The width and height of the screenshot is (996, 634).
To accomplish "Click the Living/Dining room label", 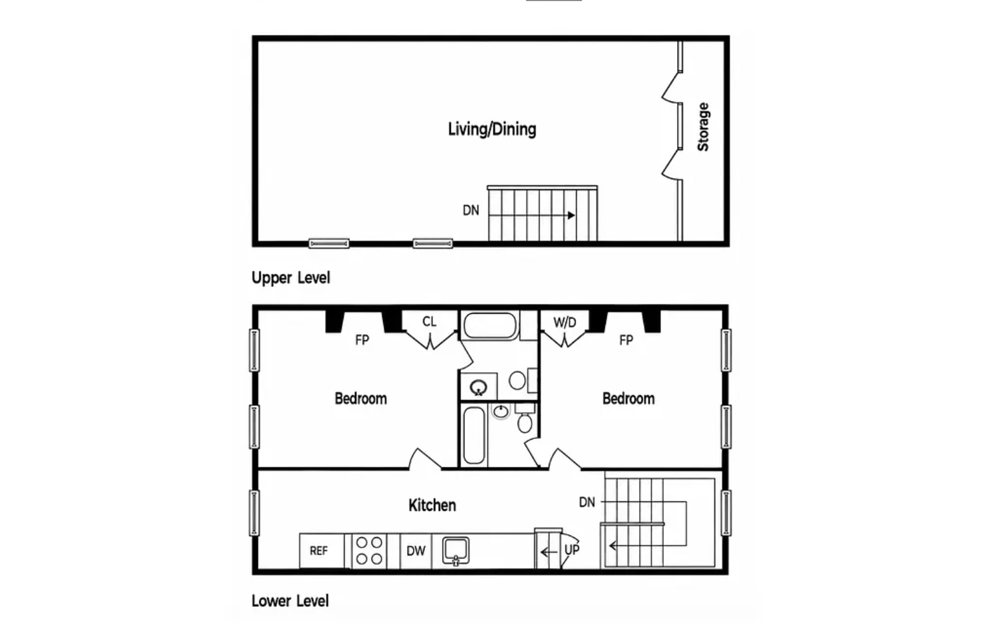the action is click(492, 130).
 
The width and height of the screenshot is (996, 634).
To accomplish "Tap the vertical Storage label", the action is click(703, 126).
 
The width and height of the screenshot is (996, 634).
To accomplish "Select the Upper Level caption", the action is click(291, 278).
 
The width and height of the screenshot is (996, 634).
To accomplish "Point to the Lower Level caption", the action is click(290, 601).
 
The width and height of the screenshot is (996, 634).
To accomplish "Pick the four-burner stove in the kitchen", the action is click(369, 551).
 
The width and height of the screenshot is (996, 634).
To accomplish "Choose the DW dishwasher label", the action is click(415, 551).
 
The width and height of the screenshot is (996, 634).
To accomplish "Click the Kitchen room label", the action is click(432, 506).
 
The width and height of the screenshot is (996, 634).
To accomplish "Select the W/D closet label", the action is click(565, 322).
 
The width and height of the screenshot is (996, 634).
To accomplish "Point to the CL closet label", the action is click(429, 321).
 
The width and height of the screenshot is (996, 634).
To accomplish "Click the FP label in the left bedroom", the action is click(362, 340).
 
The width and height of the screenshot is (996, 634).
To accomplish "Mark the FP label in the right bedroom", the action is click(626, 340).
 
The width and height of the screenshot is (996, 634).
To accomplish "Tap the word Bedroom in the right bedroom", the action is click(628, 398).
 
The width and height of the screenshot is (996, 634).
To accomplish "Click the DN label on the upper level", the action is click(471, 210).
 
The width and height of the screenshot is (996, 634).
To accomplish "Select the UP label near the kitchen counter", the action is click(572, 550).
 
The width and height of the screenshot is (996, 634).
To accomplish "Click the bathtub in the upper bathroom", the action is click(490, 325).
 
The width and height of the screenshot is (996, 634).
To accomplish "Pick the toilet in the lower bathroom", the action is click(525, 419).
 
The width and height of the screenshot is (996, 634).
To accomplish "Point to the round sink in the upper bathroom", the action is click(478, 388).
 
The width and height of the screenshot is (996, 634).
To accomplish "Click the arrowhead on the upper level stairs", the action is click(572, 215).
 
